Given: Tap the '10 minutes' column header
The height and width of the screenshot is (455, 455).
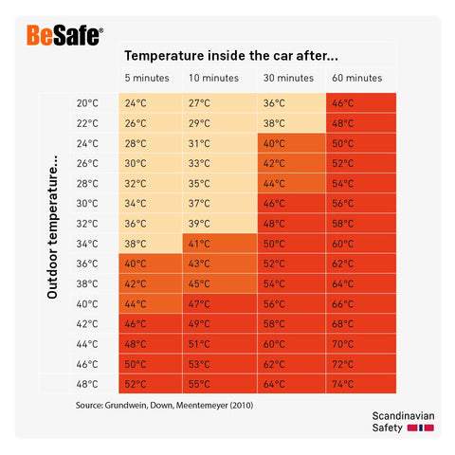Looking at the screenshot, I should click(x=212, y=78).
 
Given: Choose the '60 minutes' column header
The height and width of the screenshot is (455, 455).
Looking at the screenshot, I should click(x=357, y=78).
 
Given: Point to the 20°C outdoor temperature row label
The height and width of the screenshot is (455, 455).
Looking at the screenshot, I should click(x=87, y=103).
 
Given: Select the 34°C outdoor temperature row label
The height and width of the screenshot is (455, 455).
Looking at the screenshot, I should click(x=87, y=243).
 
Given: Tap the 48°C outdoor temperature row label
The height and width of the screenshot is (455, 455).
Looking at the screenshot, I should click(x=87, y=383).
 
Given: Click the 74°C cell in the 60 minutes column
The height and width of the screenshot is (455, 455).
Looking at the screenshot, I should click(x=343, y=384).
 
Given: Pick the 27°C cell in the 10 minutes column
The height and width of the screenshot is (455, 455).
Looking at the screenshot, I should click(x=199, y=103).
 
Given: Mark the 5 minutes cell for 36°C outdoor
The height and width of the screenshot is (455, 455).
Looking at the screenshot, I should click(x=136, y=264).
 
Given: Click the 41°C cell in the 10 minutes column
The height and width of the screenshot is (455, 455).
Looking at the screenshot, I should click(x=199, y=243).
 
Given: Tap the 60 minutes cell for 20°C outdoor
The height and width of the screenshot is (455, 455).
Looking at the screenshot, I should click(x=343, y=103).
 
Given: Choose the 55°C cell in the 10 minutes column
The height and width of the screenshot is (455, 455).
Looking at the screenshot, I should click(x=199, y=384).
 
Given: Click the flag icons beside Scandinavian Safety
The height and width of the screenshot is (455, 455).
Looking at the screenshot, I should click(x=420, y=428).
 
